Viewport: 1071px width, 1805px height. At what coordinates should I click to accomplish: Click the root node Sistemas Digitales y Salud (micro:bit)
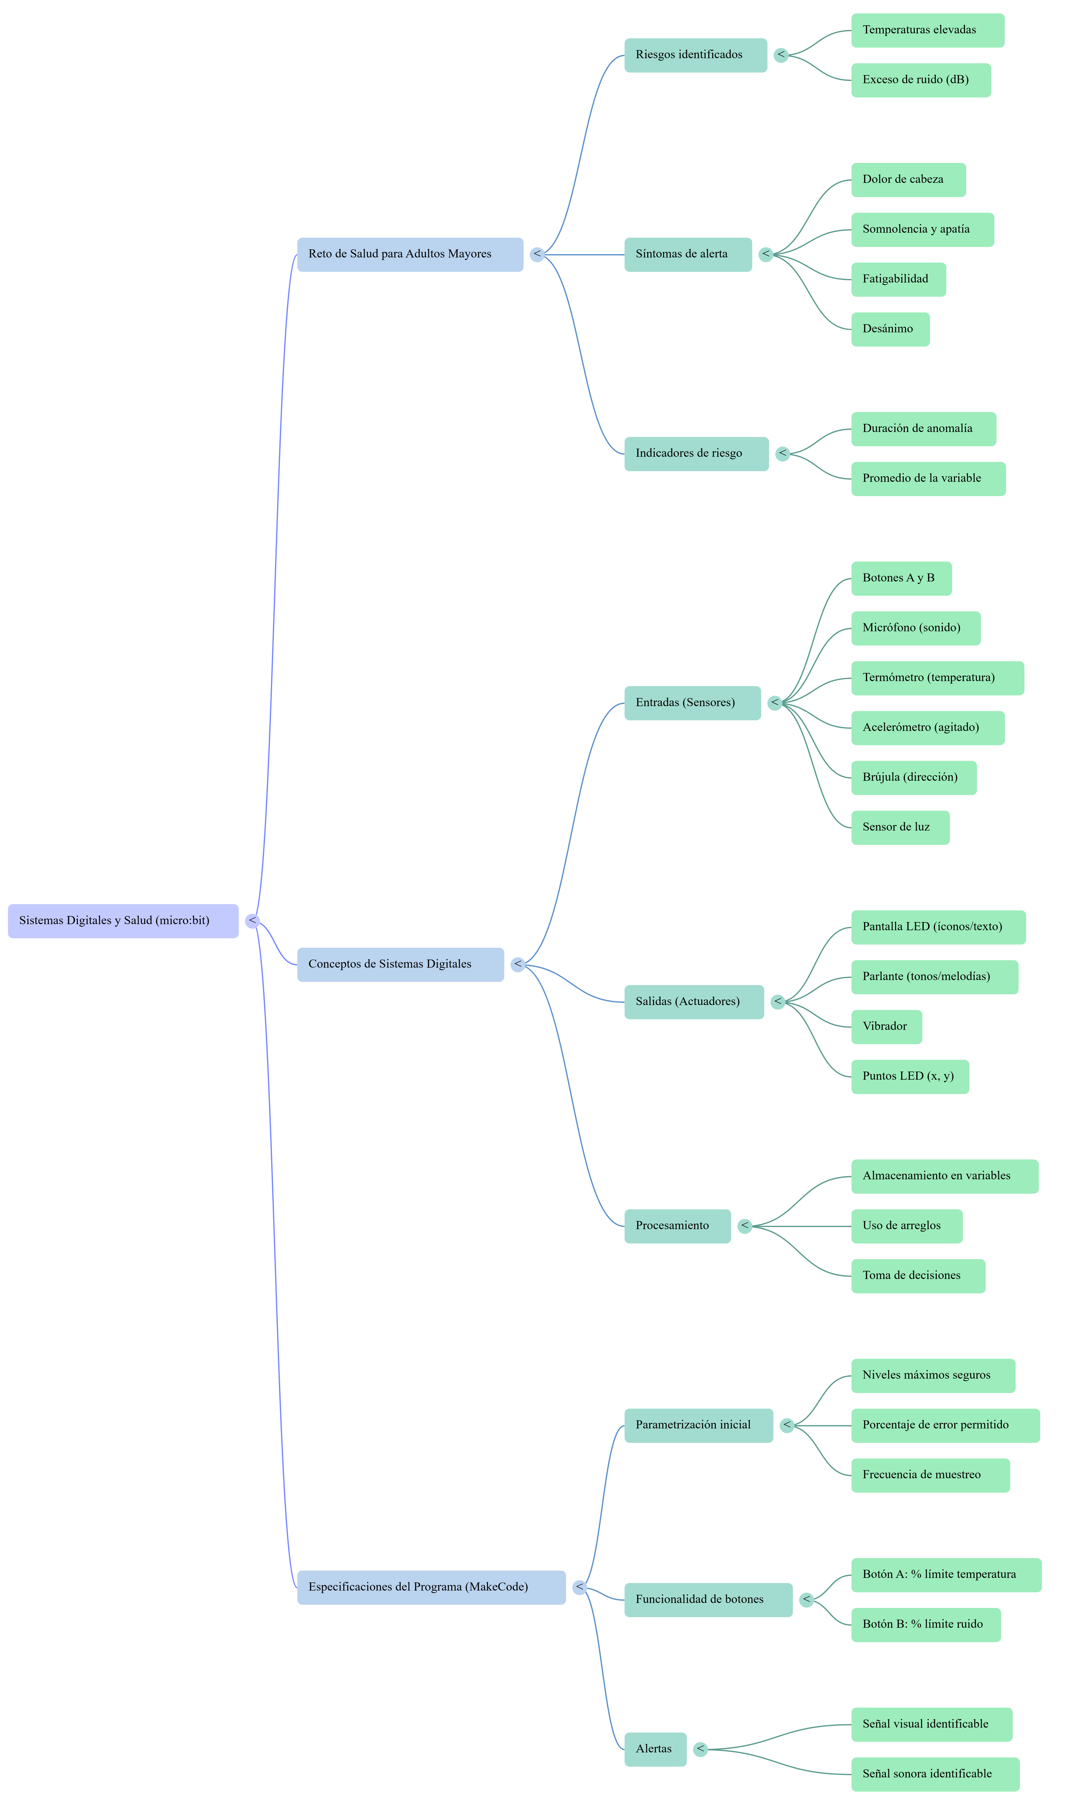[123, 921]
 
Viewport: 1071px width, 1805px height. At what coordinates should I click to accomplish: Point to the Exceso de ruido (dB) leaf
[921, 80]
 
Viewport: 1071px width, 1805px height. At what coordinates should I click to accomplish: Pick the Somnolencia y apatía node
[922, 229]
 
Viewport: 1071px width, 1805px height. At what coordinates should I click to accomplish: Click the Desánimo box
[890, 329]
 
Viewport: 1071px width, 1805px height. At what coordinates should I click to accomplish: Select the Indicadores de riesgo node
[696, 454]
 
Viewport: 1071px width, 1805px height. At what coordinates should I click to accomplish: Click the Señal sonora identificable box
[935, 1774]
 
